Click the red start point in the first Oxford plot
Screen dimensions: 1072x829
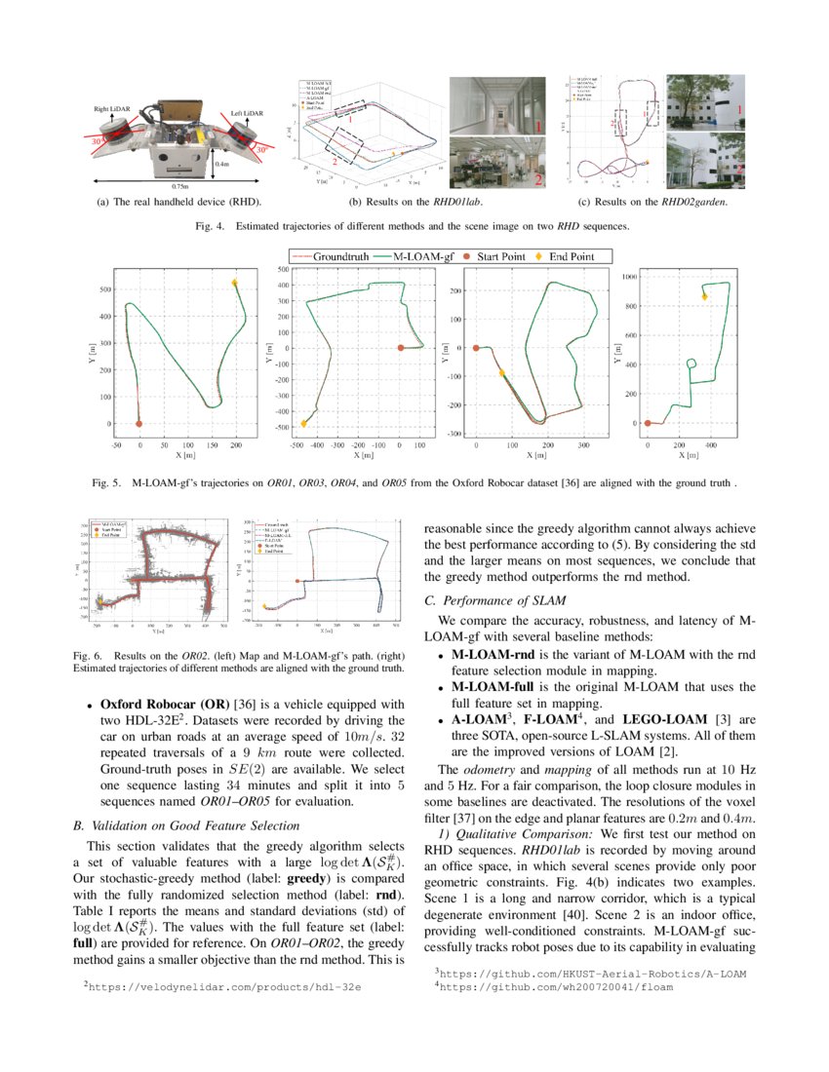pyautogui.click(x=139, y=424)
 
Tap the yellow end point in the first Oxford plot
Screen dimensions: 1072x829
pyautogui.click(x=235, y=283)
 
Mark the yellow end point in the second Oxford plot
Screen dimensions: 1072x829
pyautogui.click(x=304, y=423)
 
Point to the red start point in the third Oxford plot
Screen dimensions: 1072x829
pyautogui.click(x=476, y=348)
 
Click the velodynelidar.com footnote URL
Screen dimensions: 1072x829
pyautogui.click(x=224, y=987)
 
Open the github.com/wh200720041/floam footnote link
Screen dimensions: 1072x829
pyautogui.click(x=556, y=986)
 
